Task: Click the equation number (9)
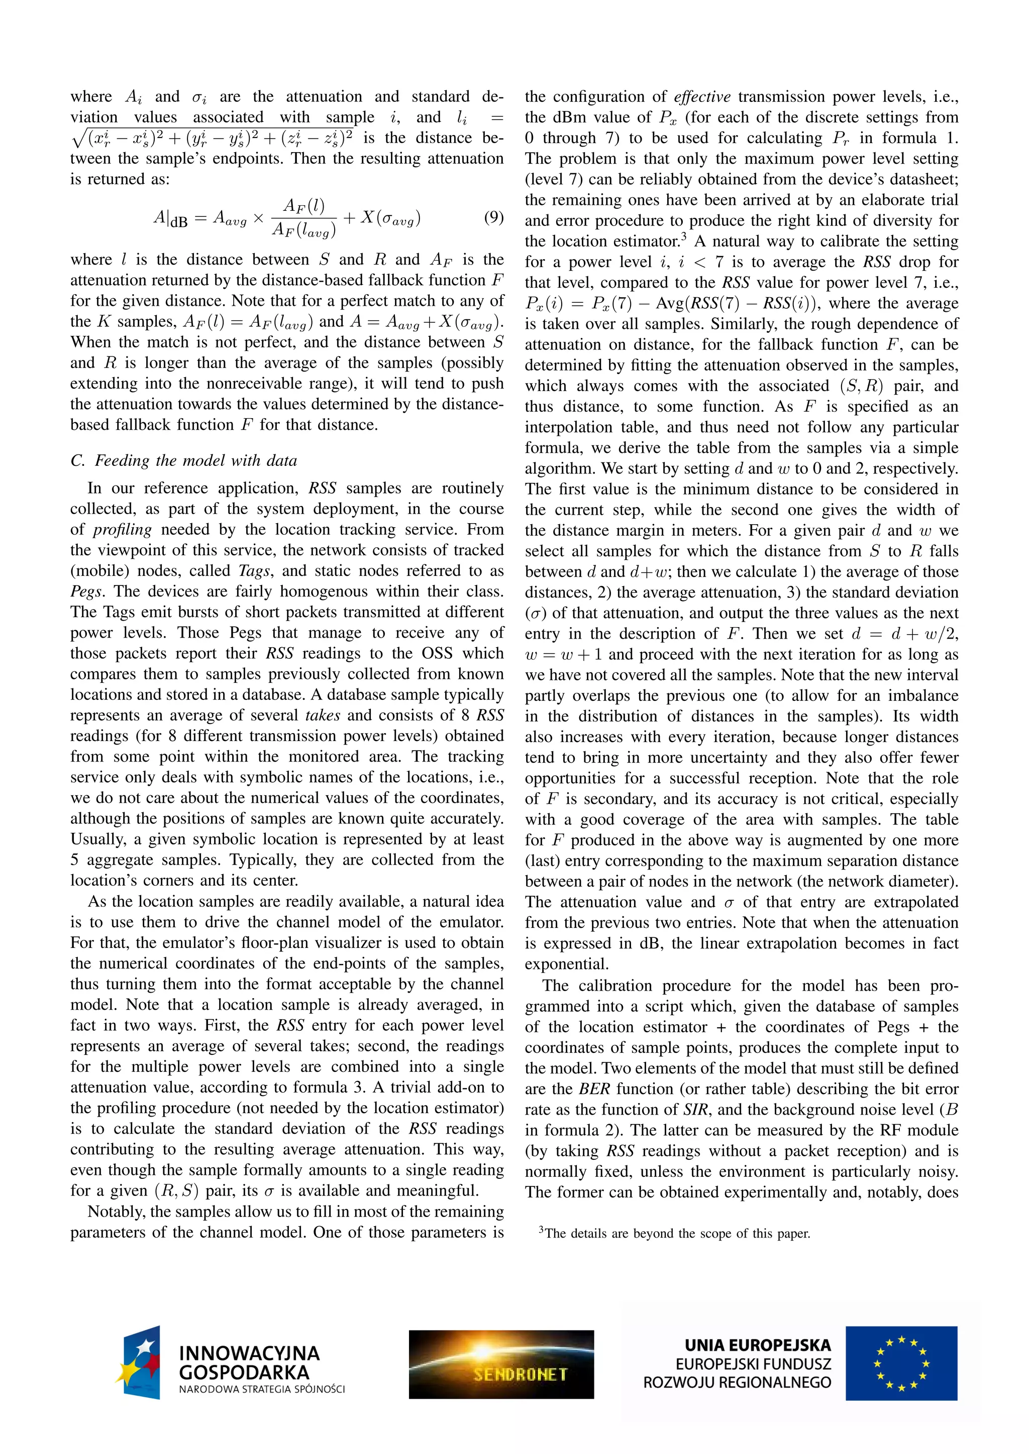click(x=493, y=217)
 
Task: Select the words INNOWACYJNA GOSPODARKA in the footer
click(x=249, y=1363)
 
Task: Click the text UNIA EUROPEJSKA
click(x=757, y=1345)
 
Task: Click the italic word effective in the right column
click(x=702, y=97)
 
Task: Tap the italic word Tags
click(x=254, y=570)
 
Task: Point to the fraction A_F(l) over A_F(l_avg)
click(x=304, y=218)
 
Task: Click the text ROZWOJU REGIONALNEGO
click(x=737, y=1382)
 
